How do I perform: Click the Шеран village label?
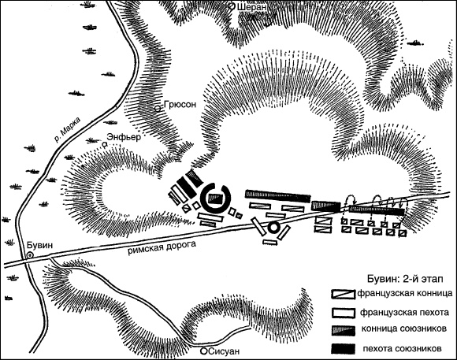coord(252,8)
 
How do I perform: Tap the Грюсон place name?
coord(180,105)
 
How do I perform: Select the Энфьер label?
coord(124,137)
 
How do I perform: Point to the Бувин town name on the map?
coord(40,245)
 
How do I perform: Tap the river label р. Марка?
coord(67,129)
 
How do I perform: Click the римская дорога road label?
coord(162,247)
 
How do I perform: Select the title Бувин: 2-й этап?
coord(405,279)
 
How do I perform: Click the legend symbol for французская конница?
coord(343,294)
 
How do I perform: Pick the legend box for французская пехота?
coord(343,313)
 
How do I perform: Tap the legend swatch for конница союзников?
coord(343,330)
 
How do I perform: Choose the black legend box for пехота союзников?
coord(343,349)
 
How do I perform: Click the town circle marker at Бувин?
coord(29,255)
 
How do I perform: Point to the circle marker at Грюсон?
coord(158,109)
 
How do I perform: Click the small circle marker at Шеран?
coord(232,6)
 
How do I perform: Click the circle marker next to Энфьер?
coord(104,144)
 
